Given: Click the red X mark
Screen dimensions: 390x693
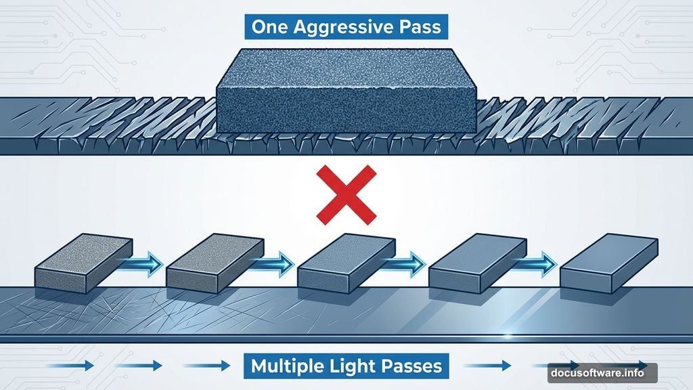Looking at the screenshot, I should [x=346, y=194].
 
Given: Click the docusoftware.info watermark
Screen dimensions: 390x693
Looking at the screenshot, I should [x=605, y=372].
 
